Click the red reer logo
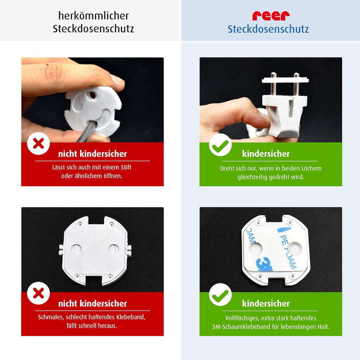point(271,15)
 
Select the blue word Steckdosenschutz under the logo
point(268,29)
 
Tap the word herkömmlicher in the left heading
point(94,16)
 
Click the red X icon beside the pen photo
point(39,143)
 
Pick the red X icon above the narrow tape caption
point(39,293)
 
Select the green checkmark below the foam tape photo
point(220,295)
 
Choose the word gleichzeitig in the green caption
point(256,177)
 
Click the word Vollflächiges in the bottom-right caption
point(243,318)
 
